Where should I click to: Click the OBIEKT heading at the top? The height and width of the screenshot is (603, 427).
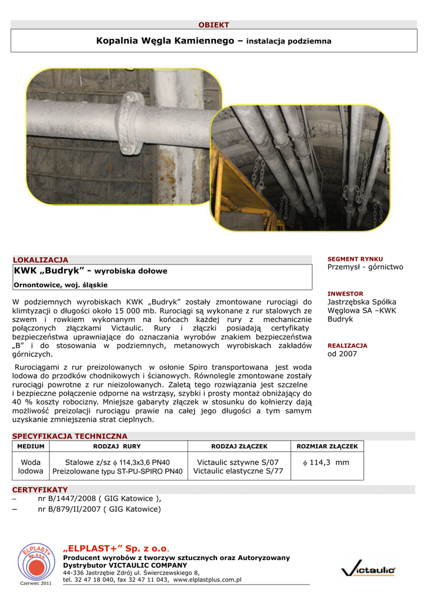[213, 25]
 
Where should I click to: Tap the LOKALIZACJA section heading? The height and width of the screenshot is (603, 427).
[40, 260]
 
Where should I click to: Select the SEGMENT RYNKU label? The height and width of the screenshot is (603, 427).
[355, 259]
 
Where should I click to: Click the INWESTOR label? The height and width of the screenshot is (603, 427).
[346, 293]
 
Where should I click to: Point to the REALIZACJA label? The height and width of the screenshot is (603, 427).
[347, 346]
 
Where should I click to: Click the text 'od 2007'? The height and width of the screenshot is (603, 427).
[342, 354]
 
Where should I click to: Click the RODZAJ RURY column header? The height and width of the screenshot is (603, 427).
[117, 446]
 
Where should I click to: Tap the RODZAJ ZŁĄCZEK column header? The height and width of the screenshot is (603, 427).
[239, 446]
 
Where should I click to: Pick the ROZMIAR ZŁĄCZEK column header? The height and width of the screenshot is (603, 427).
[326, 446]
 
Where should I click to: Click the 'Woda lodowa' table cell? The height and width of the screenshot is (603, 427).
[30, 467]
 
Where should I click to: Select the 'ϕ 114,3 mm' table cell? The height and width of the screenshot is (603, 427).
[326, 463]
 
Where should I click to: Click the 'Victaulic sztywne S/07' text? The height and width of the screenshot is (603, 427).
[238, 463]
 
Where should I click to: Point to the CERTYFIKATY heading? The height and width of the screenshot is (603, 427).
[40, 489]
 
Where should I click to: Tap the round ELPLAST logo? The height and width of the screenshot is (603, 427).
[36, 560]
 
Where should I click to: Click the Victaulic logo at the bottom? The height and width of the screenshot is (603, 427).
[368, 570]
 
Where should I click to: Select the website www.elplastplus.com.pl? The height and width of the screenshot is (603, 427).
[206, 580]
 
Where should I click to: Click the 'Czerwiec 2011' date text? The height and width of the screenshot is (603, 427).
[36, 583]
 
